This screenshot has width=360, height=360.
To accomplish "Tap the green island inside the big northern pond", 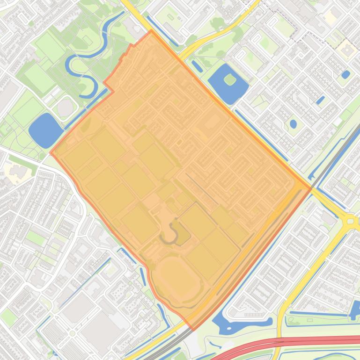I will coord(229,79).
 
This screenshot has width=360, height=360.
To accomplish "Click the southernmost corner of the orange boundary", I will coord(192,330).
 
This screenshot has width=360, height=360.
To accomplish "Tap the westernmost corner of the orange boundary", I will coord(51,152).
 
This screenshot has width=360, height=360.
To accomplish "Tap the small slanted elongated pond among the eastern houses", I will coord(321,100).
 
